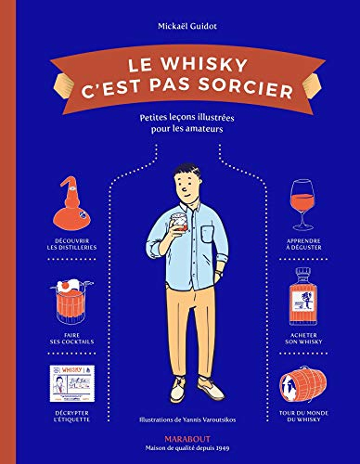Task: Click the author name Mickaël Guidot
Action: pos(180,17)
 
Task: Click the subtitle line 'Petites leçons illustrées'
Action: pos(180,118)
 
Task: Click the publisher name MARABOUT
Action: pos(180,441)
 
